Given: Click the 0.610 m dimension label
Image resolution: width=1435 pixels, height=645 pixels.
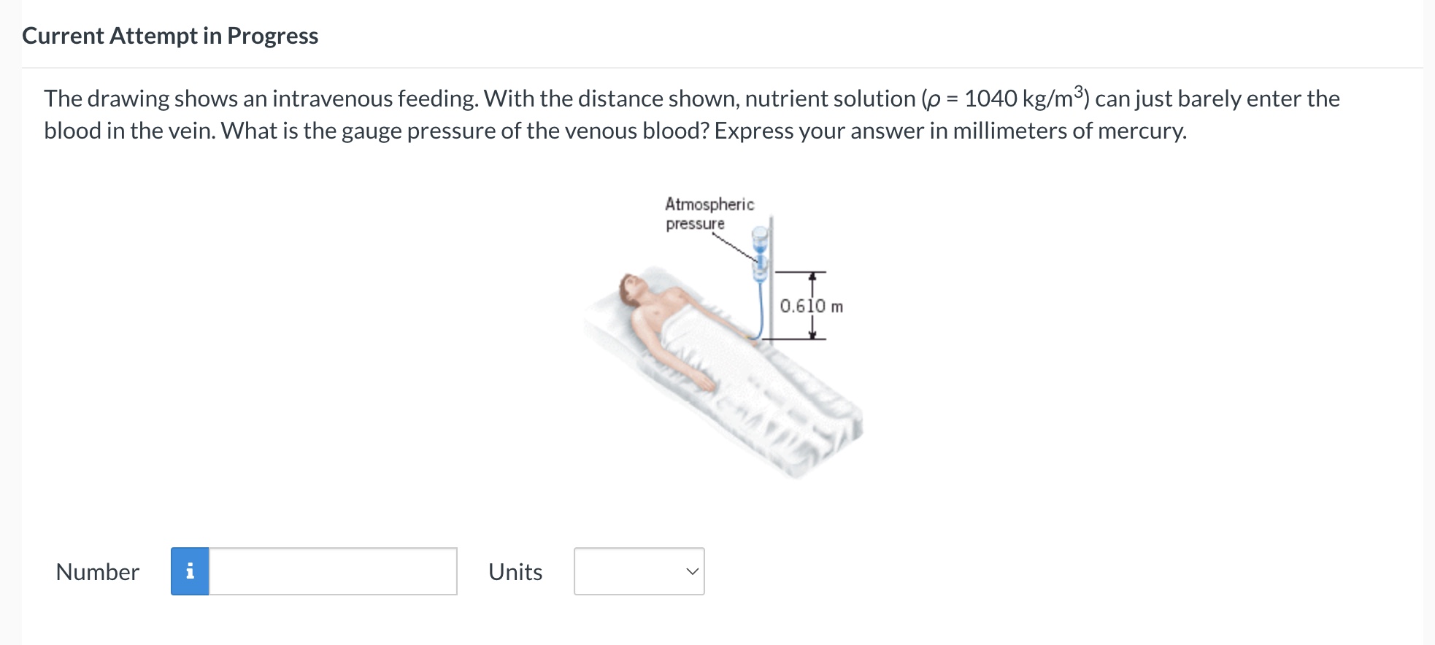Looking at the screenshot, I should click(811, 306).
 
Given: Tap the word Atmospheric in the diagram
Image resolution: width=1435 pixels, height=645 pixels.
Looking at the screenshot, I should click(709, 204).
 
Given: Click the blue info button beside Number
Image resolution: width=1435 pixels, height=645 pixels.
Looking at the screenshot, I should click(190, 571).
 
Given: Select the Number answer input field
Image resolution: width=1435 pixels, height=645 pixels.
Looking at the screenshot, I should click(333, 571).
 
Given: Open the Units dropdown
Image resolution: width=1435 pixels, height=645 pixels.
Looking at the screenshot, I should click(639, 571).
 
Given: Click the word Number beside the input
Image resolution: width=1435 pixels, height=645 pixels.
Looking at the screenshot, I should click(97, 572).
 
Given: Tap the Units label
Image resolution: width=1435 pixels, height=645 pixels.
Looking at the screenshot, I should click(515, 572).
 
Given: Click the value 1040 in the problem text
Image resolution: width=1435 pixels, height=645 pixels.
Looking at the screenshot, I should click(990, 99).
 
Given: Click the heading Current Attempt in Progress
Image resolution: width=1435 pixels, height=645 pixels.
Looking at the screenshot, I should click(170, 36).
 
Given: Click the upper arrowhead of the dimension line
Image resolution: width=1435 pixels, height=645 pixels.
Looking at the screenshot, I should click(812, 277).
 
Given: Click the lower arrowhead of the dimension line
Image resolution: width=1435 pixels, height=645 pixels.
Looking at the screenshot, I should click(812, 335).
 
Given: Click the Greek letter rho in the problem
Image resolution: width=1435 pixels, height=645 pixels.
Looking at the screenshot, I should click(932, 100).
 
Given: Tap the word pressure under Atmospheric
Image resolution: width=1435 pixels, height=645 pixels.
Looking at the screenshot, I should click(695, 224).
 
